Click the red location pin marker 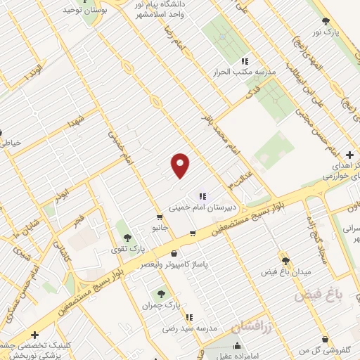[x=181, y=166]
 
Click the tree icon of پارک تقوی [x=127, y=225]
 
